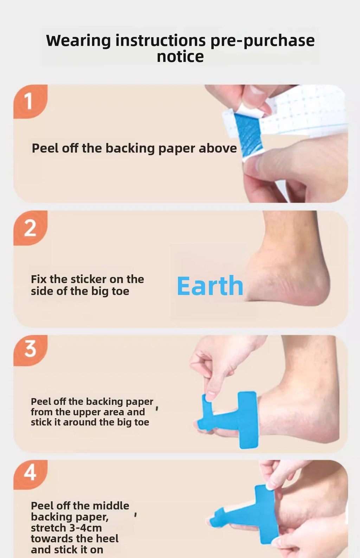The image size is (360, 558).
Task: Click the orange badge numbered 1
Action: click(30, 101)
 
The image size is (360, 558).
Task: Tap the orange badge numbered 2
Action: click(30, 228)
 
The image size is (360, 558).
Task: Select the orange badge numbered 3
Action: click(30, 350)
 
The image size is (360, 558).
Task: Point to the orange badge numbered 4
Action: click(30, 474)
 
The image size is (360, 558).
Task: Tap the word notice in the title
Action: click(180, 57)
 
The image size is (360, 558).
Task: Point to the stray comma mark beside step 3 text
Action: click(157, 408)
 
